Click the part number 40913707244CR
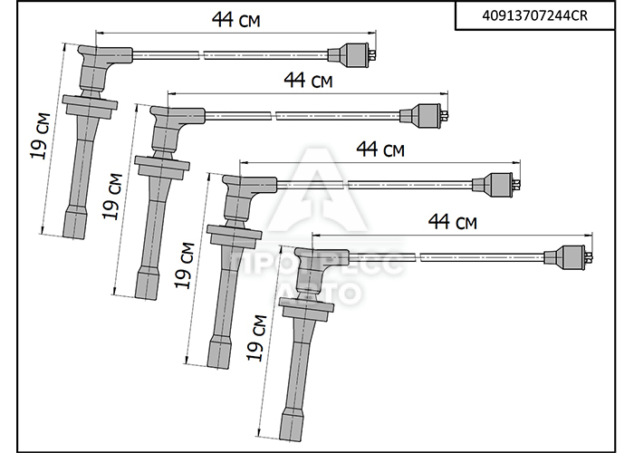click(534, 15)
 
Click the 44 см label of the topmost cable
click(236, 19)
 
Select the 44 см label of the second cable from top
click(308, 80)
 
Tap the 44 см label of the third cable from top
click(380, 149)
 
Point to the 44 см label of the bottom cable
click(453, 221)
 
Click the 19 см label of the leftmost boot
click(41, 136)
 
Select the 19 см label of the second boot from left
click(112, 197)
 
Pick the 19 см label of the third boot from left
click(185, 265)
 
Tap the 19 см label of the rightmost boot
click(256, 338)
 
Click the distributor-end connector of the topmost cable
click(352, 54)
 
